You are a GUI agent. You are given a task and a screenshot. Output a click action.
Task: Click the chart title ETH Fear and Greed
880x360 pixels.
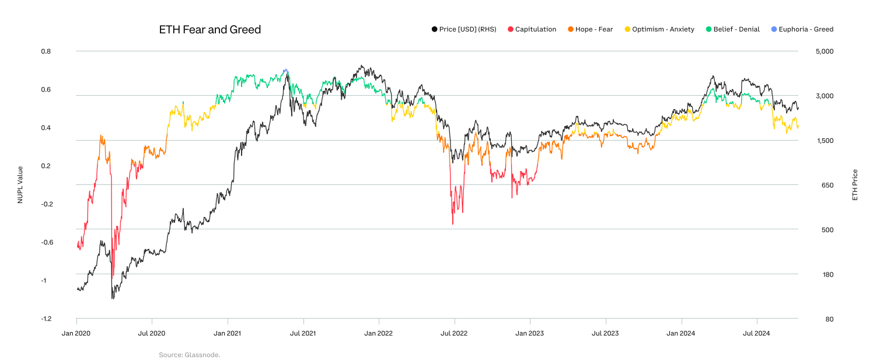point(209,29)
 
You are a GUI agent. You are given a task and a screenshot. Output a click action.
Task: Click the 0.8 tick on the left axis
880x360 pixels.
point(46,51)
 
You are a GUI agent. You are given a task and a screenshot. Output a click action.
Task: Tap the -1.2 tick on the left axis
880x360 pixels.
point(46,319)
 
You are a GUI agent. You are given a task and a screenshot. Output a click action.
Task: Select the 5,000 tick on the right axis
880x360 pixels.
point(825,51)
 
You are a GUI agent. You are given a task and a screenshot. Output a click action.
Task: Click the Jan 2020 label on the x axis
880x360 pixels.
point(76,333)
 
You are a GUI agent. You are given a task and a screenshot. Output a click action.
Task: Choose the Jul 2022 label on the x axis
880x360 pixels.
point(454,333)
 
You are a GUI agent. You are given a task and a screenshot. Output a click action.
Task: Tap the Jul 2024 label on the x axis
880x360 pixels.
point(757,333)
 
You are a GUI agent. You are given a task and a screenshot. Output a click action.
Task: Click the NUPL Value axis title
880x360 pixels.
point(20,184)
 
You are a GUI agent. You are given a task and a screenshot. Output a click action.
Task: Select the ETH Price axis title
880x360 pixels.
point(855,184)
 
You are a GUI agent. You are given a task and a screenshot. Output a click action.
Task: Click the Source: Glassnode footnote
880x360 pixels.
point(189,355)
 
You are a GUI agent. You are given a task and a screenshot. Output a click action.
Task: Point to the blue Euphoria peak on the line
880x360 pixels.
point(285,71)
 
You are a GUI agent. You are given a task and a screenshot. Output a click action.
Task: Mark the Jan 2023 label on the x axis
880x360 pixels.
point(530,333)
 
